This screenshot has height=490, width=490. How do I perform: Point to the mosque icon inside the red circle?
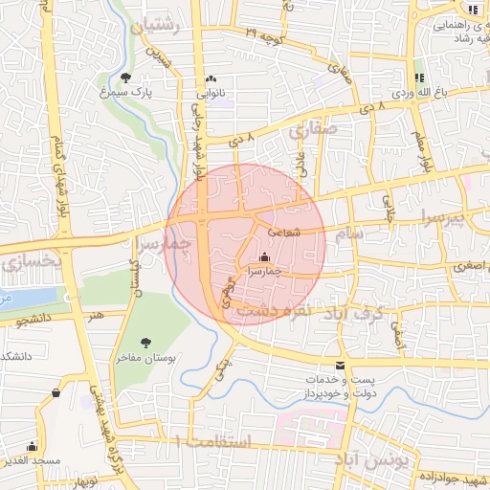264,256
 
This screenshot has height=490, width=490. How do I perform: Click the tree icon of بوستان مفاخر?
145,342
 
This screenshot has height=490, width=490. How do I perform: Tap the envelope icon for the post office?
340,366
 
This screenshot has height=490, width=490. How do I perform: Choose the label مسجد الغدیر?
58,460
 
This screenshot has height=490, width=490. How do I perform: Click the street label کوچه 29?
265,34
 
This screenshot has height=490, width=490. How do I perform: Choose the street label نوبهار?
85,479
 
